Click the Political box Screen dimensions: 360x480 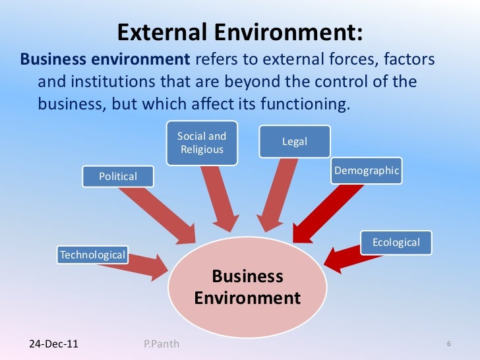pos(117,176)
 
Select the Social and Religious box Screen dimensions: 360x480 pos(202,142)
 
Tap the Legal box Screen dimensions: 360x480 pos(295,142)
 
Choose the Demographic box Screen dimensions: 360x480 pos(367,171)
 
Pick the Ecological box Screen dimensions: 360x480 pos(396,242)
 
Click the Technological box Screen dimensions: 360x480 pos(92,255)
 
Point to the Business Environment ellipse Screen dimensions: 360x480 pos(247,287)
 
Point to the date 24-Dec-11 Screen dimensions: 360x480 pos(53,344)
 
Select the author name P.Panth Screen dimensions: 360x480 pos(161,344)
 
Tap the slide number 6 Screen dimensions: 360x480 pos(448,344)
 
